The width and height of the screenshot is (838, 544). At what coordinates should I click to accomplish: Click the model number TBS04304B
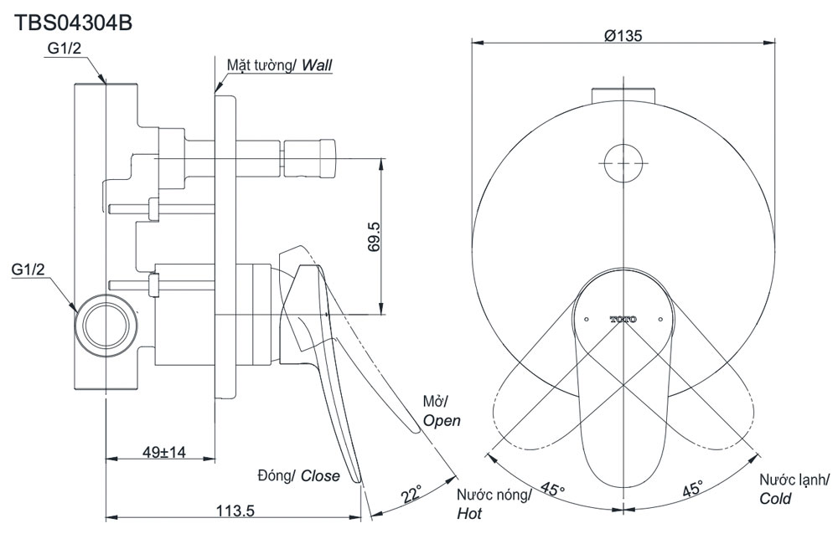pyautogui.click(x=74, y=23)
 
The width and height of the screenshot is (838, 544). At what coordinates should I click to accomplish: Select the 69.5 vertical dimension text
pyautogui.click(x=373, y=237)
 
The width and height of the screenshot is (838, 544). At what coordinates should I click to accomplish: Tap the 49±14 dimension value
pyautogui.click(x=163, y=452)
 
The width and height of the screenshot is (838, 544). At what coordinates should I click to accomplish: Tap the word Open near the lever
pyautogui.click(x=441, y=421)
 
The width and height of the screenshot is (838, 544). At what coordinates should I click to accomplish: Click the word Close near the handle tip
pyautogui.click(x=320, y=475)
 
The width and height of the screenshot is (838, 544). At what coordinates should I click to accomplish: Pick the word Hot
pyautogui.click(x=469, y=514)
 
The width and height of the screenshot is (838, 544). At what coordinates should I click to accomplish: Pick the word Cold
pyautogui.click(x=776, y=499)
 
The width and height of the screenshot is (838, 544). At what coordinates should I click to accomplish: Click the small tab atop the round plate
pyautogui.click(x=622, y=92)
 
